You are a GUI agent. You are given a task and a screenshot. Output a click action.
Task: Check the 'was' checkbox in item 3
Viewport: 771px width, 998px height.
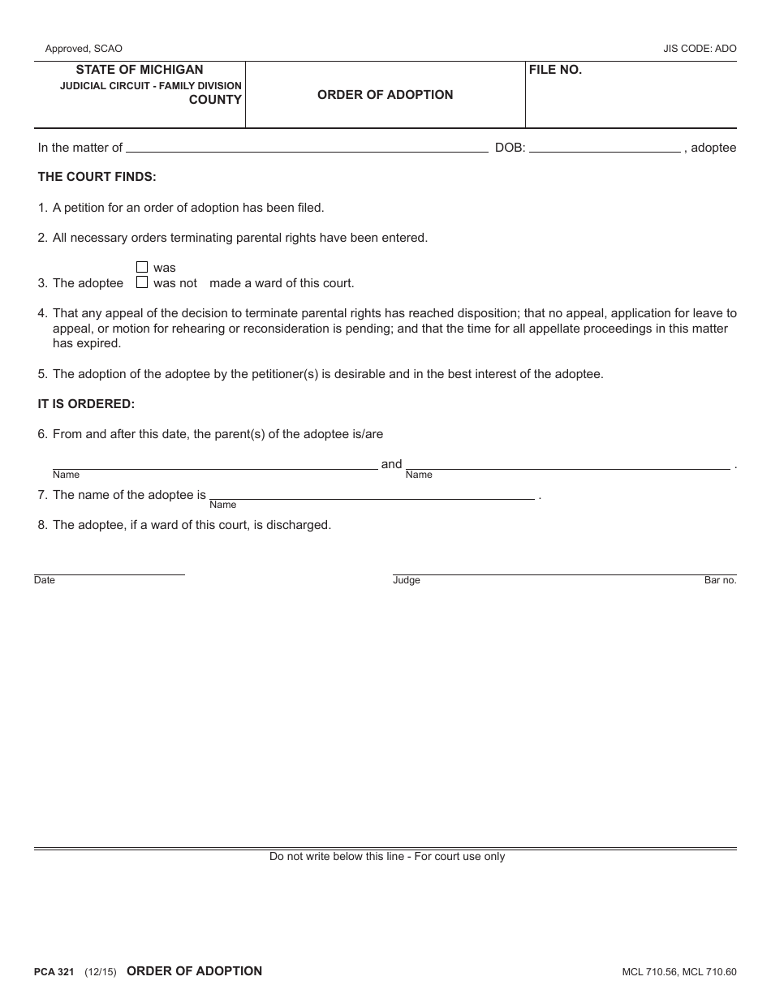[142, 267]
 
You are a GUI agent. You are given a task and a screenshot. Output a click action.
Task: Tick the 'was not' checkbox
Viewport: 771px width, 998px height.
[142, 282]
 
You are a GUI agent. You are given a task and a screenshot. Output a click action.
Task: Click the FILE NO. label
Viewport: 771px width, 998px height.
[556, 70]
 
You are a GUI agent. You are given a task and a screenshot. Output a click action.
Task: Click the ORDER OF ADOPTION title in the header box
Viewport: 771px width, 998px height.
[385, 94]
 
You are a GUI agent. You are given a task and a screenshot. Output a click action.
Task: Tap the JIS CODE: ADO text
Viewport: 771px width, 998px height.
[700, 49]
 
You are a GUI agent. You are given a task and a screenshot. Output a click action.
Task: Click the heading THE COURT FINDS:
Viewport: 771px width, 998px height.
[97, 176]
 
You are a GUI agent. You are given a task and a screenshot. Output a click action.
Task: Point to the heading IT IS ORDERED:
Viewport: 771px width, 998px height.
[87, 403]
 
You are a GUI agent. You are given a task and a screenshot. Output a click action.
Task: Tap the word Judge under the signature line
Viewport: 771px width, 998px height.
[407, 580]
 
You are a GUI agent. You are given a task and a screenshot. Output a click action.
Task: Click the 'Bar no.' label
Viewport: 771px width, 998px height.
[720, 580]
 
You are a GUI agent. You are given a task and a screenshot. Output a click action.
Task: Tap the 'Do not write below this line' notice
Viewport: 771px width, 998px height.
[387, 856]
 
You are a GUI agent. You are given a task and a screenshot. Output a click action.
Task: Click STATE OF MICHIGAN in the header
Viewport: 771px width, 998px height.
[140, 70]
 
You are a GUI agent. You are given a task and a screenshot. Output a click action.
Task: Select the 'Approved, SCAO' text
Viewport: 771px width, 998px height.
[84, 49]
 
